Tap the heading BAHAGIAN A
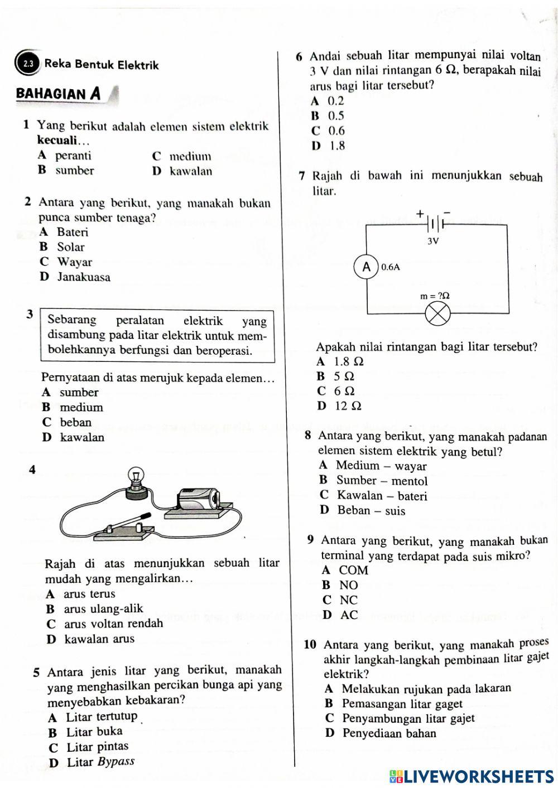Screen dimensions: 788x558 pyautogui.click(x=59, y=93)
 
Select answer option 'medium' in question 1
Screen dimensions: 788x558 pyautogui.click(x=190, y=156)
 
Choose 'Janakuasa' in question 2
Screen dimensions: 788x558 pyautogui.click(x=84, y=277)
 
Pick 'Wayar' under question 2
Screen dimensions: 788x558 pyautogui.click(x=75, y=262)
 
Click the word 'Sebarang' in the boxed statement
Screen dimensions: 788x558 pyautogui.click(x=72, y=321)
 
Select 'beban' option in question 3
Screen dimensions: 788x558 pyautogui.click(x=75, y=422)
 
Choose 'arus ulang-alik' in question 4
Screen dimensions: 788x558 pyautogui.click(x=103, y=608)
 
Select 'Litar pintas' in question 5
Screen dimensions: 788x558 pyautogui.click(x=97, y=747)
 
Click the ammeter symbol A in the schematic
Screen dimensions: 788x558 pyautogui.click(x=367, y=267)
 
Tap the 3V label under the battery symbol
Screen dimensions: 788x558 pyautogui.click(x=433, y=241)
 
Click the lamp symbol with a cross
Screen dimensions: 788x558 pyautogui.click(x=437, y=315)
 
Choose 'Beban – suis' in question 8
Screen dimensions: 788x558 pyautogui.click(x=371, y=511)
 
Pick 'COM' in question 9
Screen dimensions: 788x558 pyautogui.click(x=354, y=571)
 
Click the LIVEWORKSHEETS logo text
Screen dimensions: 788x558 pyautogui.click(x=472, y=777)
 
